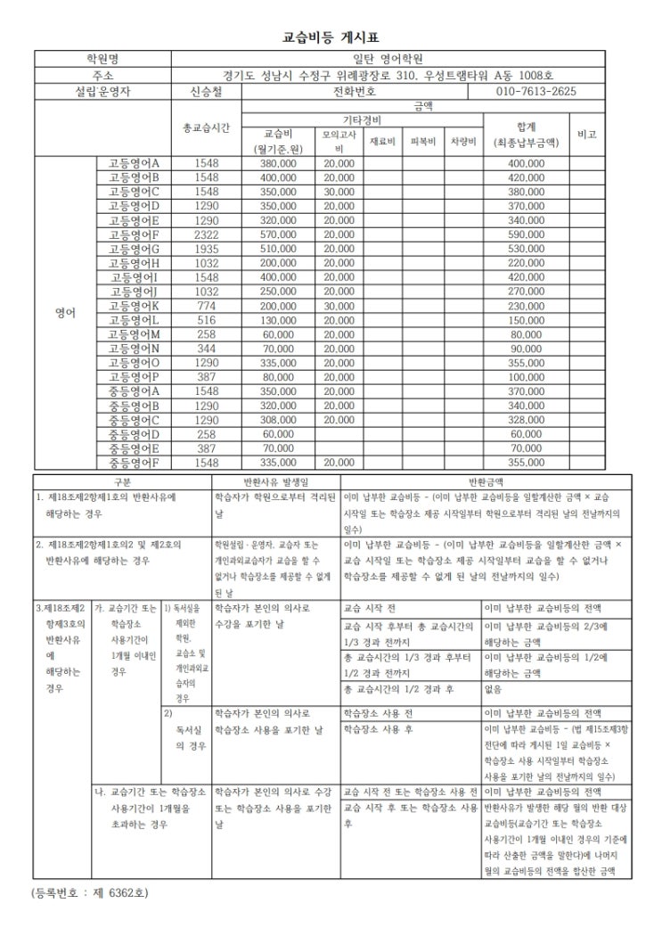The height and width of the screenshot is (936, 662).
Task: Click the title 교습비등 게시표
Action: click(331, 37)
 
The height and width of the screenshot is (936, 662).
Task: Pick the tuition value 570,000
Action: click(278, 234)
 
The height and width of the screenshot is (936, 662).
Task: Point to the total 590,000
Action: click(526, 234)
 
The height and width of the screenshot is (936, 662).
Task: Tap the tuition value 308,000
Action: click(278, 420)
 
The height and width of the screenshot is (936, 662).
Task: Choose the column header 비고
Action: click(586, 134)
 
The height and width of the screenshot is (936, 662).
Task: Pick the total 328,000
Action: click(526, 420)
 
